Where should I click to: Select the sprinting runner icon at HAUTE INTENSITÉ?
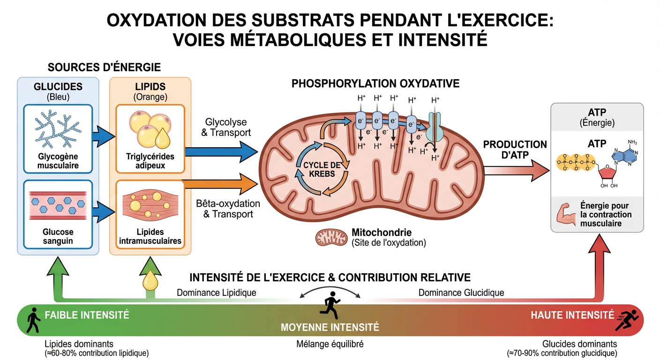click(x=627, y=320)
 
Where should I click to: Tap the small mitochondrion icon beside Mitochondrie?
click(x=330, y=237)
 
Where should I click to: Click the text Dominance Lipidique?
click(x=216, y=292)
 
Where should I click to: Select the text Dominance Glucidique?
click(x=461, y=292)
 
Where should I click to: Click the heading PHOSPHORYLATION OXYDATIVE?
click(x=375, y=83)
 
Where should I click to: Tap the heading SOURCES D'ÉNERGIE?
click(x=105, y=67)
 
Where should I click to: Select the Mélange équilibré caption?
click(x=330, y=344)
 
